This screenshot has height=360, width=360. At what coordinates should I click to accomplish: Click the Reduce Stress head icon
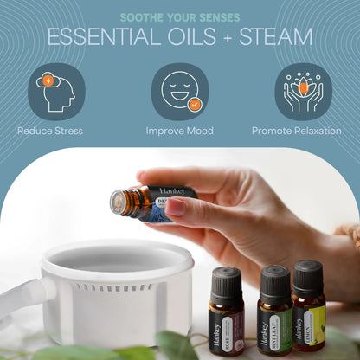click(55, 91)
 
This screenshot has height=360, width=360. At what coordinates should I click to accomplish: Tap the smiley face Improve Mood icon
click(180, 91)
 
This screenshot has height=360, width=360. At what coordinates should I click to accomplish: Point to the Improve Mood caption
click(180, 132)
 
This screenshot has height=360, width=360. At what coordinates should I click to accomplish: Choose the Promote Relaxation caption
click(297, 132)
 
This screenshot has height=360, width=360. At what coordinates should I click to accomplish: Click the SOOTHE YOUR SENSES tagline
click(180, 16)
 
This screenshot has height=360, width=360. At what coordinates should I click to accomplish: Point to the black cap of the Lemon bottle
click(307, 277)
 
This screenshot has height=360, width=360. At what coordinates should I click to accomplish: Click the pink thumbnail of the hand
click(174, 207)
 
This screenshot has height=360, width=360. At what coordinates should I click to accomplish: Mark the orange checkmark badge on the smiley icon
click(196, 105)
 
